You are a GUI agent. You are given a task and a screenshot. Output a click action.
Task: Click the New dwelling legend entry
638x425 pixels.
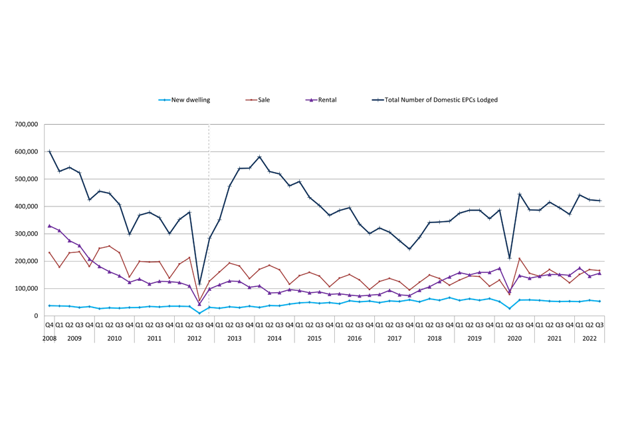tap(190, 100)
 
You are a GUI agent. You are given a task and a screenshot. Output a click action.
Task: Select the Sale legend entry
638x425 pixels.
tap(263, 100)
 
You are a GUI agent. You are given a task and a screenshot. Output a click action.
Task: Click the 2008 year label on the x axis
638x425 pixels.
tap(49, 338)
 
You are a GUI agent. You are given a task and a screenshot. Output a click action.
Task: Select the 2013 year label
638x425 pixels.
tap(234, 338)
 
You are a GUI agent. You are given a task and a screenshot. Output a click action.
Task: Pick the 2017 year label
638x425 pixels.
tap(394, 338)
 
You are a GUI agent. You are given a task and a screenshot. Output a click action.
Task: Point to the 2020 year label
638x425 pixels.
tap(514, 338)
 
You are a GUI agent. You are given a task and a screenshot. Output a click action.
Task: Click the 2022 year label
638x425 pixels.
tap(589, 338)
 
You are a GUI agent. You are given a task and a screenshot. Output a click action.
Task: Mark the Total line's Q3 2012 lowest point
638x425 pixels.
tap(199, 284)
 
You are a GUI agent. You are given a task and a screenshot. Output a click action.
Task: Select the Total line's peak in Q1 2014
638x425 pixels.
tap(259, 157)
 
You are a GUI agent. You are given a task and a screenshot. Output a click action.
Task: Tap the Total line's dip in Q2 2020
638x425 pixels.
tap(510, 258)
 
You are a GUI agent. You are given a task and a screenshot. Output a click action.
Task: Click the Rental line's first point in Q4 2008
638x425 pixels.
tap(49, 226)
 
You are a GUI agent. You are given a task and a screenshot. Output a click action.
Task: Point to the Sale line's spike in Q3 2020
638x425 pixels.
tap(520, 258)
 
